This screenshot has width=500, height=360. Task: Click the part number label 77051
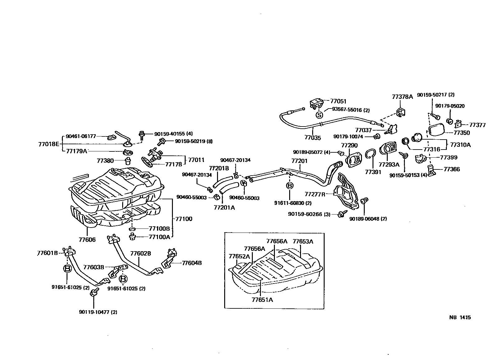338,101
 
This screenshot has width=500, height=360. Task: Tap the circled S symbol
319,115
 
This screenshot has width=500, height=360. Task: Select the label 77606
87,240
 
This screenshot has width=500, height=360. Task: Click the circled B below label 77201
289,186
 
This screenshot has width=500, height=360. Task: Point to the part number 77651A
262,300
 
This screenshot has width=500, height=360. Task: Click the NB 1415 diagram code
460,317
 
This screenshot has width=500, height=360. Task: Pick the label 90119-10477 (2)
98,312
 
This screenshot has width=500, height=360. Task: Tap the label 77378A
402,97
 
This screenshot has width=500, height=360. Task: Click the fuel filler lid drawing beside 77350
438,130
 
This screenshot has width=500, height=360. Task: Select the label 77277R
315,194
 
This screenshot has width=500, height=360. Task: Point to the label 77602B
141,253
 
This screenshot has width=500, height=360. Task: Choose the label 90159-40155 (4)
174,134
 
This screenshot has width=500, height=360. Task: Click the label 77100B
159,229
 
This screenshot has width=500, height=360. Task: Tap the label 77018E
49,144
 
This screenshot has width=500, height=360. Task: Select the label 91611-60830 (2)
289,203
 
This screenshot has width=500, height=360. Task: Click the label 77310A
461,145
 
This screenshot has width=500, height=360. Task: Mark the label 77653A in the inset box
303,242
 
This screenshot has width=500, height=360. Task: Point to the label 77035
312,137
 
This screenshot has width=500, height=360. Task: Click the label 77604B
192,263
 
